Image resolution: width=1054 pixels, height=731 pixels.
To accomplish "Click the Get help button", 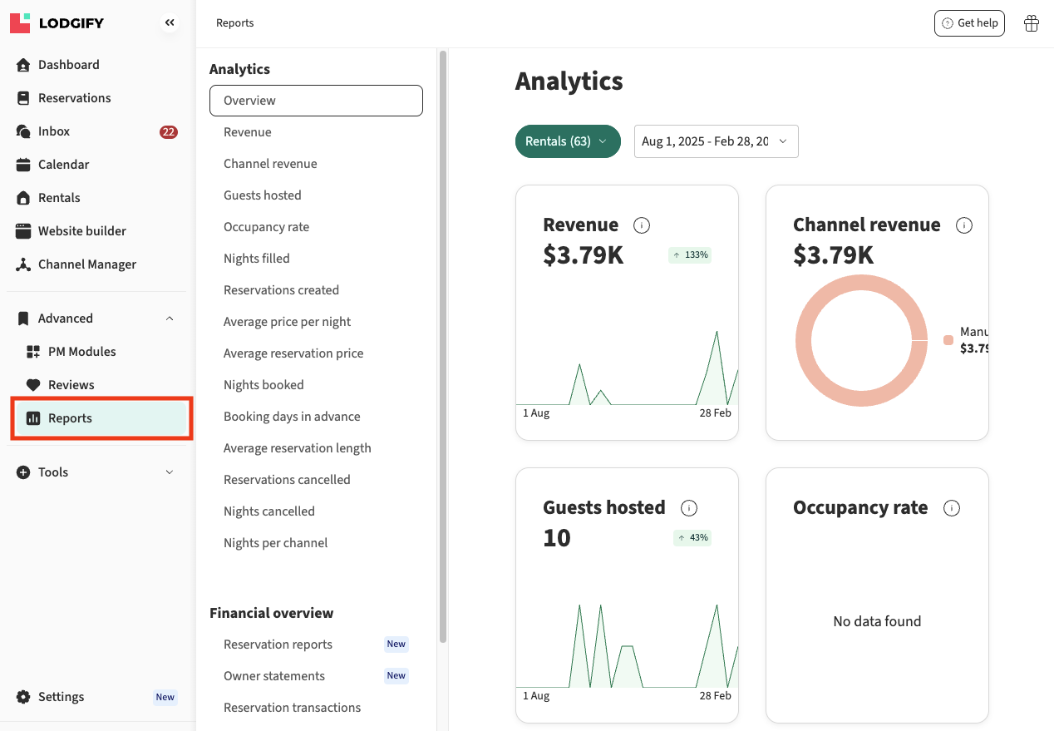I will (x=969, y=23).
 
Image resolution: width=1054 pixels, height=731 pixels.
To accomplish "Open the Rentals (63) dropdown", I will (x=568, y=141).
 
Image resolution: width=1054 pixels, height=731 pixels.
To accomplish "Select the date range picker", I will (x=716, y=141).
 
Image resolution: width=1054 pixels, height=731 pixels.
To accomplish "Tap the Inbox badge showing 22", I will (x=169, y=131).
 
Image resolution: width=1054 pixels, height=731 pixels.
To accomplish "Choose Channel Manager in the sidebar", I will (x=86, y=264).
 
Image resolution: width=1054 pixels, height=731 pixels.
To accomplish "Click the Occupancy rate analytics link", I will (x=266, y=227).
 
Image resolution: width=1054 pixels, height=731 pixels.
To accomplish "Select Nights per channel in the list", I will (x=275, y=543).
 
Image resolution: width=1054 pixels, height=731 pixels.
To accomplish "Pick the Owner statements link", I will (x=274, y=676).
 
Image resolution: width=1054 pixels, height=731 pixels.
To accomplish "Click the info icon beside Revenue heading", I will (x=642, y=225).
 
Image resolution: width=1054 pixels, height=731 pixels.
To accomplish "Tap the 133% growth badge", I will (x=690, y=255).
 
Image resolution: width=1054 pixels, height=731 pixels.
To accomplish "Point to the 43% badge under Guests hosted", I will (x=692, y=538).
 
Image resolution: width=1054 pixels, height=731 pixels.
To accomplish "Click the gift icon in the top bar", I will (x=1032, y=23).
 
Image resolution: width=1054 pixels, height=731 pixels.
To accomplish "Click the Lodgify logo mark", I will (x=20, y=23).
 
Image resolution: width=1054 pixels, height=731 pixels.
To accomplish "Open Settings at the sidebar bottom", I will (x=61, y=697).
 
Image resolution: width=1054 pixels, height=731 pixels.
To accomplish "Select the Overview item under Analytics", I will (x=316, y=101).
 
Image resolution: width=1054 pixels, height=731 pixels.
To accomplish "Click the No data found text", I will (x=877, y=621).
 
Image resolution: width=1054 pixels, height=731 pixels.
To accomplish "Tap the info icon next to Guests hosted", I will (x=688, y=508).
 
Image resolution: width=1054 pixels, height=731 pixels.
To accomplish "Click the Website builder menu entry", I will (x=81, y=231).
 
